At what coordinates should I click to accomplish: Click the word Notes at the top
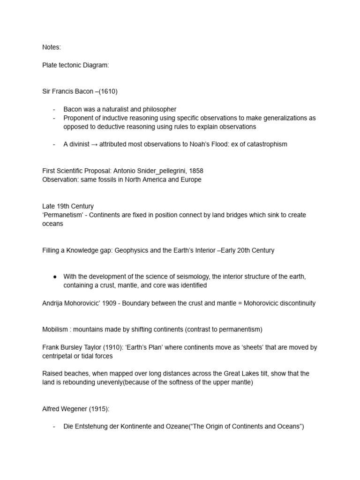[x=51, y=47]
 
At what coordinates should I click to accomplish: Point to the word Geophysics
[x=140, y=250]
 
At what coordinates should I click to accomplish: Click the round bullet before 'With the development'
[x=55, y=277]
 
